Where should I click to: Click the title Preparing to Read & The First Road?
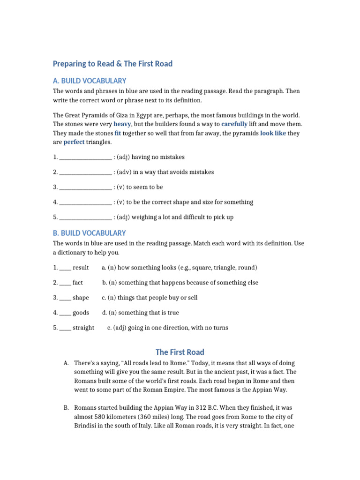click(x=112, y=64)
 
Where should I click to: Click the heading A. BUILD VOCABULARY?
click(x=90, y=81)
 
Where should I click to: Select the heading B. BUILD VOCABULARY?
click(x=90, y=233)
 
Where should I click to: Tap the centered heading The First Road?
click(x=180, y=352)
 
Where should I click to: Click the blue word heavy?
click(x=122, y=124)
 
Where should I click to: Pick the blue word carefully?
click(x=234, y=124)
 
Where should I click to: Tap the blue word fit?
click(x=118, y=133)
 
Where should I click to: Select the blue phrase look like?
click(x=273, y=133)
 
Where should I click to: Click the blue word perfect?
click(x=74, y=142)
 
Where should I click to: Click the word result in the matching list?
click(x=81, y=268)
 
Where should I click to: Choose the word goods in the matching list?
click(x=81, y=313)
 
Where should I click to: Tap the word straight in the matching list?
click(x=83, y=328)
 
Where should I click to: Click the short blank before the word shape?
click(x=65, y=298)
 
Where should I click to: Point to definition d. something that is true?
click(x=141, y=313)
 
